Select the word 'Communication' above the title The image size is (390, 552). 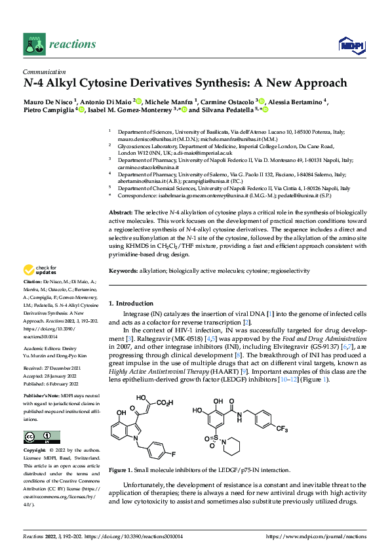coord(44,72)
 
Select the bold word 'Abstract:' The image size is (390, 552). coord(120,214)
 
